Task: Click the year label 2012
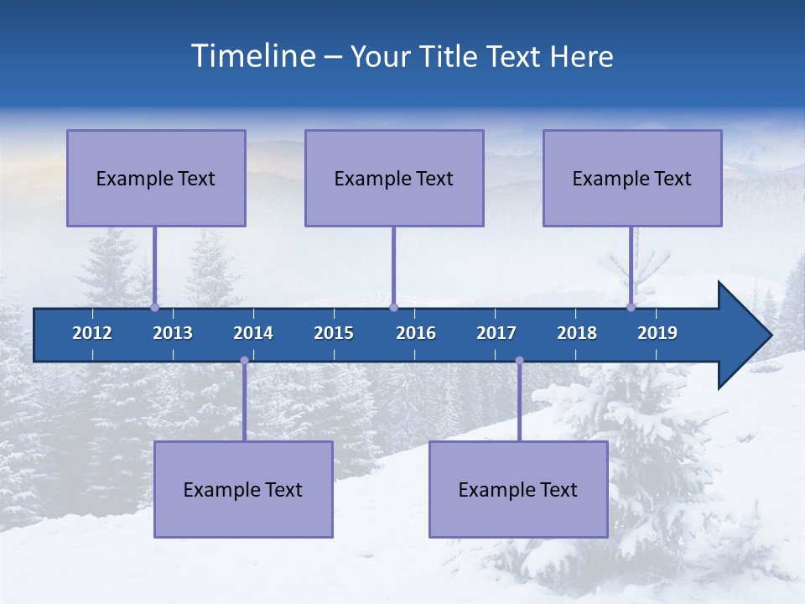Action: [x=92, y=333]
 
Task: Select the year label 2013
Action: [x=173, y=333]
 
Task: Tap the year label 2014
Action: [x=253, y=333]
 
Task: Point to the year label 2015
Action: [x=334, y=333]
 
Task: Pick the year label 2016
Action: [x=416, y=333]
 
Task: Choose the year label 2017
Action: [x=496, y=333]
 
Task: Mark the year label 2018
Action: [x=577, y=333]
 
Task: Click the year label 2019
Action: [x=657, y=333]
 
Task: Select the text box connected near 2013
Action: [x=156, y=178]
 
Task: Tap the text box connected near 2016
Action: [x=394, y=178]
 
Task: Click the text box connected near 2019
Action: [x=632, y=178]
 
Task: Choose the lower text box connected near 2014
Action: [x=243, y=489]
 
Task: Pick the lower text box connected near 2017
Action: [x=518, y=489]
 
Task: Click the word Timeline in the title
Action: [x=252, y=56]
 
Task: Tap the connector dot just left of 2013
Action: [x=154, y=307]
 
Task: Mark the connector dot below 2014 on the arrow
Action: [x=244, y=361]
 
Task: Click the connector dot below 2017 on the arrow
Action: [x=519, y=361]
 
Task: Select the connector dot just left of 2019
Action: [x=631, y=307]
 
